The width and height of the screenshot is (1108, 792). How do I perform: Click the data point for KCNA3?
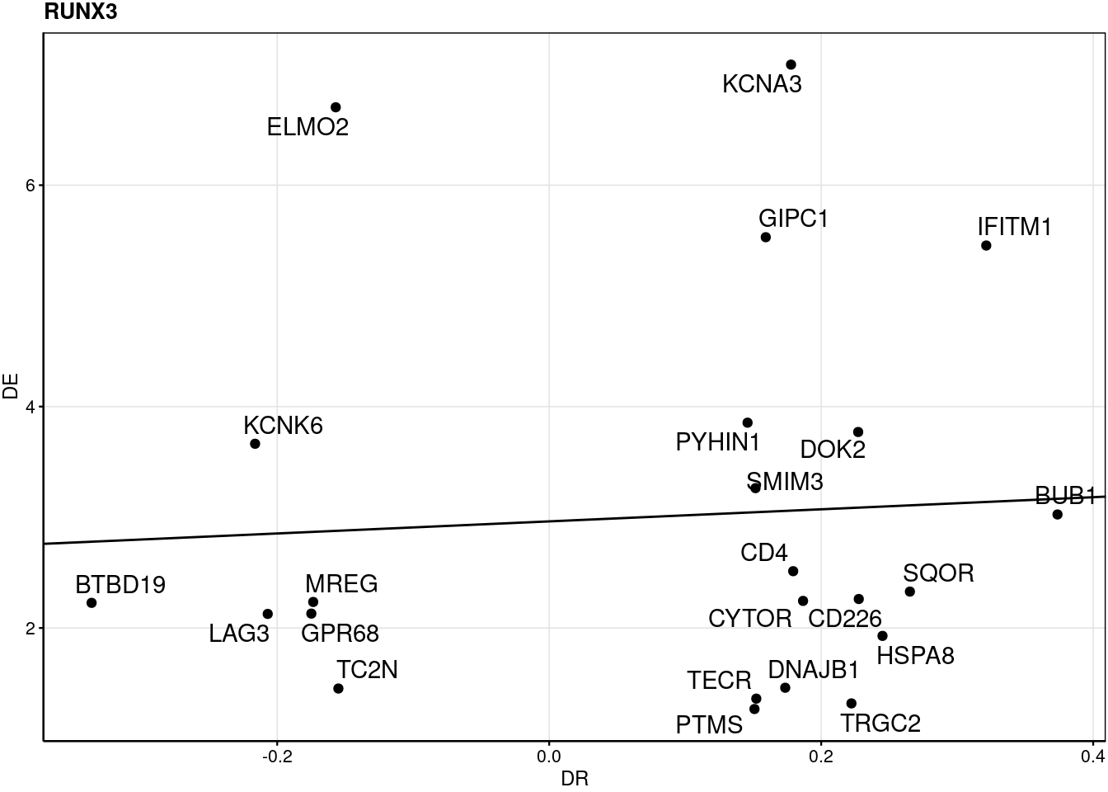(x=791, y=64)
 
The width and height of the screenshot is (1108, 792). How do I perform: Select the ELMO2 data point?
(x=336, y=107)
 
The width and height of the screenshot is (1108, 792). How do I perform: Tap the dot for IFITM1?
(x=986, y=246)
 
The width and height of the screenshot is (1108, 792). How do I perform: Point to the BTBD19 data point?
(x=92, y=603)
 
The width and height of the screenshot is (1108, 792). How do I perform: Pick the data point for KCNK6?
(x=255, y=444)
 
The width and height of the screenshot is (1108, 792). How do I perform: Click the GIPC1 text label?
(x=793, y=219)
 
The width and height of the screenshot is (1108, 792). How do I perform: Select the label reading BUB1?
(x=1065, y=496)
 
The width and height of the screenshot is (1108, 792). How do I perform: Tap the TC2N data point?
(x=338, y=688)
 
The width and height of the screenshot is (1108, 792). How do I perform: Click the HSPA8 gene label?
(x=915, y=656)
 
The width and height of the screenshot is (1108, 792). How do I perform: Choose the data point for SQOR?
(x=909, y=592)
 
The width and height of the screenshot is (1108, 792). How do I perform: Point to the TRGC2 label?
(x=880, y=724)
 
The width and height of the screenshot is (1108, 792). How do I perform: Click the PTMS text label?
(x=709, y=725)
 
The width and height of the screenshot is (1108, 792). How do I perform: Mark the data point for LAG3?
(x=267, y=614)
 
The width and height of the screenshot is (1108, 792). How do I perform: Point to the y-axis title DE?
(x=11, y=387)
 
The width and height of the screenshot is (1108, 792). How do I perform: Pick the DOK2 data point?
(x=857, y=431)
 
